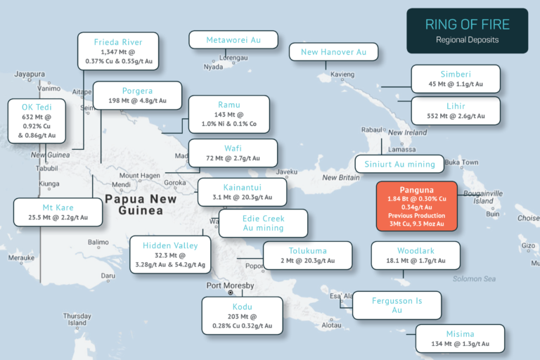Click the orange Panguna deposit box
point(417,205)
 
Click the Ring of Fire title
point(467,25)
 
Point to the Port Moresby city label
point(230,285)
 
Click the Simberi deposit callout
point(455,79)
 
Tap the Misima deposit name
point(460,334)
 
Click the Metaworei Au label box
point(233,41)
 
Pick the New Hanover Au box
point(334,51)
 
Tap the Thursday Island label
point(77,319)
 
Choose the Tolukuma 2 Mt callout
point(308,255)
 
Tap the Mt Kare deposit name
point(58,208)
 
